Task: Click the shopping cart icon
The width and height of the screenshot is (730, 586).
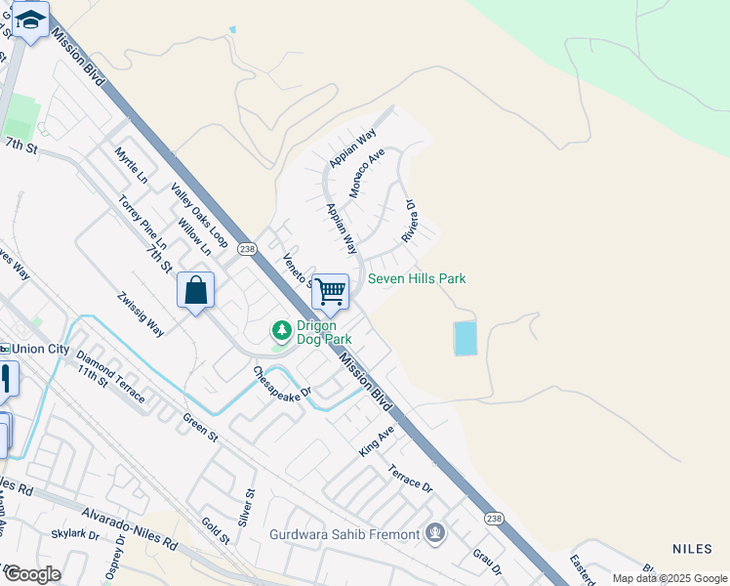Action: [x=330, y=290]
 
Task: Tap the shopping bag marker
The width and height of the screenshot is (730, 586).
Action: [x=195, y=291]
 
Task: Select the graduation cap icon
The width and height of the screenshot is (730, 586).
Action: [x=31, y=21]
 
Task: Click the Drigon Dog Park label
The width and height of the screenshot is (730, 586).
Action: [x=317, y=332]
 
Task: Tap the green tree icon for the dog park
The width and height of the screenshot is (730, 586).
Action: [x=282, y=331]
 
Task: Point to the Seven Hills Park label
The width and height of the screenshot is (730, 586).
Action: [x=417, y=279]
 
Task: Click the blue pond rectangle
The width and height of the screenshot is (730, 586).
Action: [x=466, y=338]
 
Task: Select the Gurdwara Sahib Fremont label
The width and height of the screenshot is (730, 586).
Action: [x=345, y=533]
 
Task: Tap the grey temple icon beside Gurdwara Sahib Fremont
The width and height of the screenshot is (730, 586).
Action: [x=435, y=533]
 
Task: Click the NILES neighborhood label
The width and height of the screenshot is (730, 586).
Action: [x=695, y=549]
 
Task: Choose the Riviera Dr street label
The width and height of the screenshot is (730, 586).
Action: [x=410, y=223]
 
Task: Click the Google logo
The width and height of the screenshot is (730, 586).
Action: [x=31, y=574]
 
